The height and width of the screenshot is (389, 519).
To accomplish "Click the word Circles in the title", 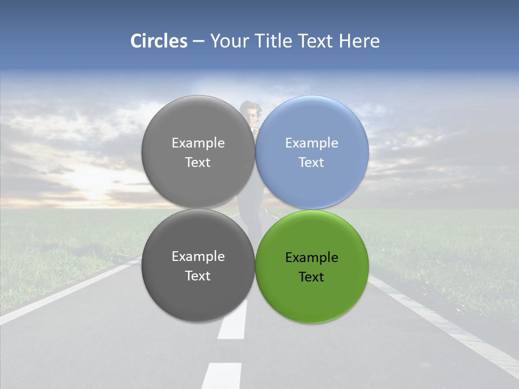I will [x=159, y=41].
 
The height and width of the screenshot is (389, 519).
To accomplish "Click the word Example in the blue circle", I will [x=312, y=143].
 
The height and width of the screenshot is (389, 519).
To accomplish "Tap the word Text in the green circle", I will [x=312, y=277].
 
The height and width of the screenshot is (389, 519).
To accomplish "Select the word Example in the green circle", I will [x=312, y=258].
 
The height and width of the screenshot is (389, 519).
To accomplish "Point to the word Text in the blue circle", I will [x=312, y=163].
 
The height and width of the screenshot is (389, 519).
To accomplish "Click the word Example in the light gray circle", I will [x=198, y=143].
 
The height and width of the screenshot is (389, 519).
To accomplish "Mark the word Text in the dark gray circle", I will [x=198, y=276].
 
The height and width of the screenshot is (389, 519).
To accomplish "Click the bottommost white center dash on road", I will [x=222, y=375].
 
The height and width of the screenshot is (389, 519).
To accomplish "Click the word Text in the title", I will [x=317, y=41].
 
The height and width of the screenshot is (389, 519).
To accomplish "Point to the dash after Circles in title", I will [x=198, y=42].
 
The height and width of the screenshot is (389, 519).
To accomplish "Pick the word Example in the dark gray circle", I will [x=198, y=257].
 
